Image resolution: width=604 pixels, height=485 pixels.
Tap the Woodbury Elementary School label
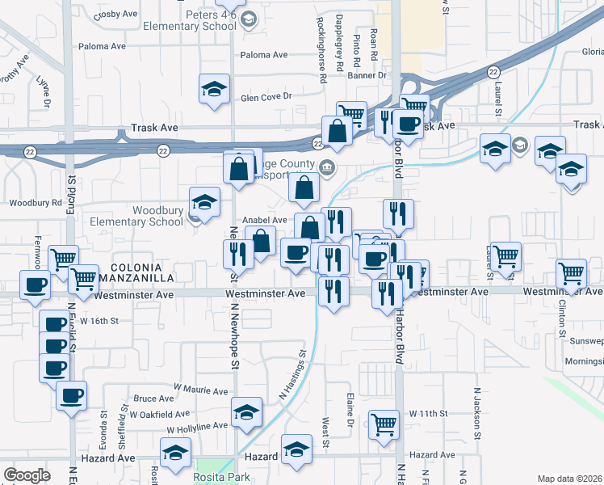(136, 216)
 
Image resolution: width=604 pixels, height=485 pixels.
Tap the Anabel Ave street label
(265, 220)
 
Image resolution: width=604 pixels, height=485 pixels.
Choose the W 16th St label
(104, 321)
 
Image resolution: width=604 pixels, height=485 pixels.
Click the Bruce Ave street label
(153, 399)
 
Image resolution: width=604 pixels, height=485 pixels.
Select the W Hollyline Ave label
(198, 426)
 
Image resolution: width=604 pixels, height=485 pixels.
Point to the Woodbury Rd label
(35, 202)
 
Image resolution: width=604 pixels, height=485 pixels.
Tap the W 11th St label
(428, 414)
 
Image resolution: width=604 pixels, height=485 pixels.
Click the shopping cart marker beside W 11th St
(384, 424)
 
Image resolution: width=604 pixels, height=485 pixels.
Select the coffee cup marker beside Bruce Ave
(71, 395)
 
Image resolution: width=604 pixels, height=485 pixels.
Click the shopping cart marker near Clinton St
(571, 273)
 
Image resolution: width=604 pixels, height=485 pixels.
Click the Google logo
(27, 474)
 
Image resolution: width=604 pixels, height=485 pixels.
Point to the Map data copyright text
(570, 479)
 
